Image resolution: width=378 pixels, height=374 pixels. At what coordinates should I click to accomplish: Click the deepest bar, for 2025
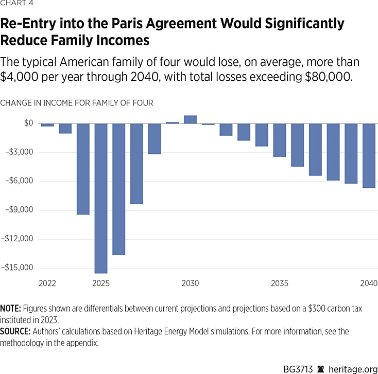pos(101,198)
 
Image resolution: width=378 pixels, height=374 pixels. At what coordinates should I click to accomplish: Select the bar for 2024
pos(83,169)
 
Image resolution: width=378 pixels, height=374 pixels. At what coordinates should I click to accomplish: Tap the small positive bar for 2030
pos(190,119)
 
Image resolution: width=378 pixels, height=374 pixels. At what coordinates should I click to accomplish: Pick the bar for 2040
pos(369,155)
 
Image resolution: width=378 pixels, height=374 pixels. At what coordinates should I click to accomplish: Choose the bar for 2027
pos(136,164)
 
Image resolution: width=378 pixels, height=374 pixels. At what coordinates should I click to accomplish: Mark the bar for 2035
pos(280,140)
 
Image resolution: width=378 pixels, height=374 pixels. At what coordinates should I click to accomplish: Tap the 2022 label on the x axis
pos(47,283)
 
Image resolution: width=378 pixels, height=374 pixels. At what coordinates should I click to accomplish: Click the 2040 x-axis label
pos(369,283)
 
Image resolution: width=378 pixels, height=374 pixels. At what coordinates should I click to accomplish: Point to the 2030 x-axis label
pos(190,283)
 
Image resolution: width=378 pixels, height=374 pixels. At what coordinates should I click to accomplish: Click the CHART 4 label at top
pos(16,6)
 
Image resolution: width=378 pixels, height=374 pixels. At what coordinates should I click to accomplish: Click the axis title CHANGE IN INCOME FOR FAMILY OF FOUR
pos(77,103)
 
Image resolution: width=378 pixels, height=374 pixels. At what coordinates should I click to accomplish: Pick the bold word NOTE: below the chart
pos(10,309)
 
